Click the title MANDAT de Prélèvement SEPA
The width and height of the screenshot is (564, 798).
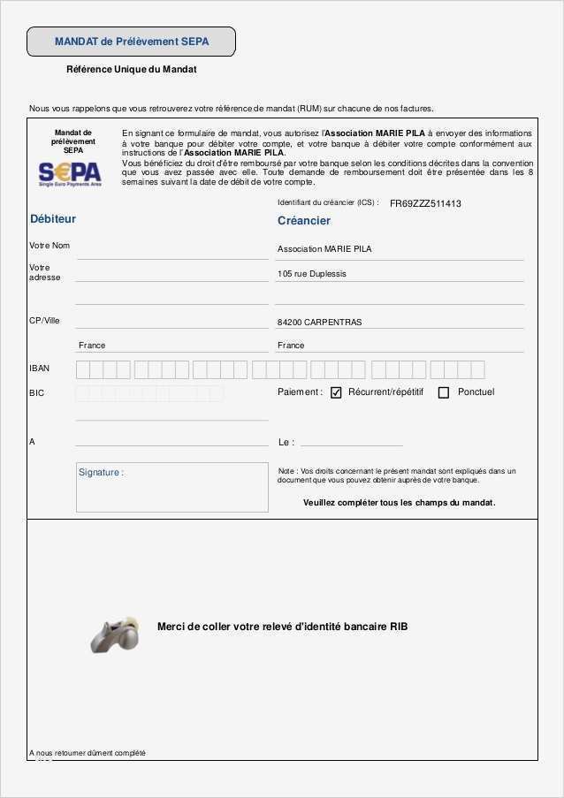pos(131,42)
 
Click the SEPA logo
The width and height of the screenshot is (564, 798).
pos(70,171)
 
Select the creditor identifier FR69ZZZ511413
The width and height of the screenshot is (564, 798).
pos(425,203)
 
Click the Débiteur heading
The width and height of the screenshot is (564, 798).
pos(53,218)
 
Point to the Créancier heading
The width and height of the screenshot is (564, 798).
pos(304,220)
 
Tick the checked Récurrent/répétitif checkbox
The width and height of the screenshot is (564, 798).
pos(336,392)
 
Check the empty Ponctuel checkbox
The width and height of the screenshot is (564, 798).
pos(444,392)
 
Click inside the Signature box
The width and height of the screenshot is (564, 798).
pos(172,488)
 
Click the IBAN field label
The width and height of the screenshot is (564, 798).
pos(40,369)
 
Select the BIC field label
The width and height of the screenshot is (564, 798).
pos(36,392)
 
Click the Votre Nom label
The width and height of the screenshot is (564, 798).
pos(50,245)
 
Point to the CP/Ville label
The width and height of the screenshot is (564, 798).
pos(44,320)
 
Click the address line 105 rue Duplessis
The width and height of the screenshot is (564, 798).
pos(312,274)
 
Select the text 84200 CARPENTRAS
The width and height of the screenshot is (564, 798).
pos(319,323)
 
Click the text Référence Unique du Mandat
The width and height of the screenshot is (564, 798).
pos(131,69)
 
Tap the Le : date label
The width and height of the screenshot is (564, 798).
pos(286,442)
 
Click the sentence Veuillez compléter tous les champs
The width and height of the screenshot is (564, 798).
pos(399,502)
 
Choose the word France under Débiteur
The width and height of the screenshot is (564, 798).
pos(92,346)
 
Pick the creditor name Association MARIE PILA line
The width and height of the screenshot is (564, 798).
pos(324,249)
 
